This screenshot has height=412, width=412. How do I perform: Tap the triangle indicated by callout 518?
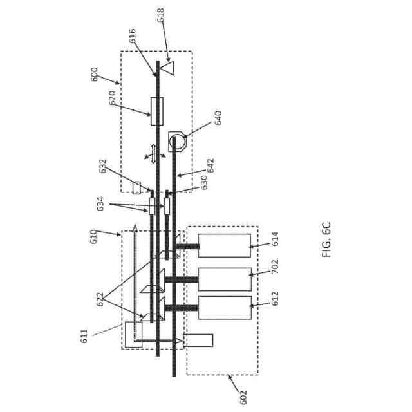[167, 66]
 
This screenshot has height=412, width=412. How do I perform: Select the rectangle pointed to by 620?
[156, 111]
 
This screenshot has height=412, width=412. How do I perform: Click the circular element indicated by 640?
[178, 140]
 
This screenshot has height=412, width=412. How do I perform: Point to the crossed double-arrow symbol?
[153, 154]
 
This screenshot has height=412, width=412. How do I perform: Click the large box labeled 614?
[224, 245]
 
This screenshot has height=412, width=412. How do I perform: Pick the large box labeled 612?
[224, 308]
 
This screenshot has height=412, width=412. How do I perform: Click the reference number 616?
[133, 35]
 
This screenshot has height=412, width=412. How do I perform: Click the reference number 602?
[243, 397]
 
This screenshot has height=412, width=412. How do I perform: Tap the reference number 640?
[218, 118]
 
